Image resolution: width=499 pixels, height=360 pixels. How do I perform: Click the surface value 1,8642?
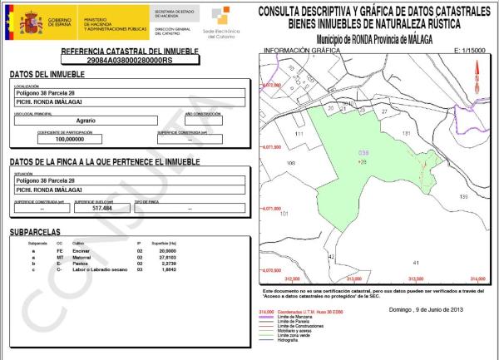click(169, 269)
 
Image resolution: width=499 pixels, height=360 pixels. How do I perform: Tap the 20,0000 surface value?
click(169, 249)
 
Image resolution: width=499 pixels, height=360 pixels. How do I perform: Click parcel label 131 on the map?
click(407, 133)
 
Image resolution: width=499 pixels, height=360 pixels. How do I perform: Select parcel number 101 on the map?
click(284, 214)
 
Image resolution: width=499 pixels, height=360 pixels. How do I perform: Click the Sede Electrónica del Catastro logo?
click(221, 22)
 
